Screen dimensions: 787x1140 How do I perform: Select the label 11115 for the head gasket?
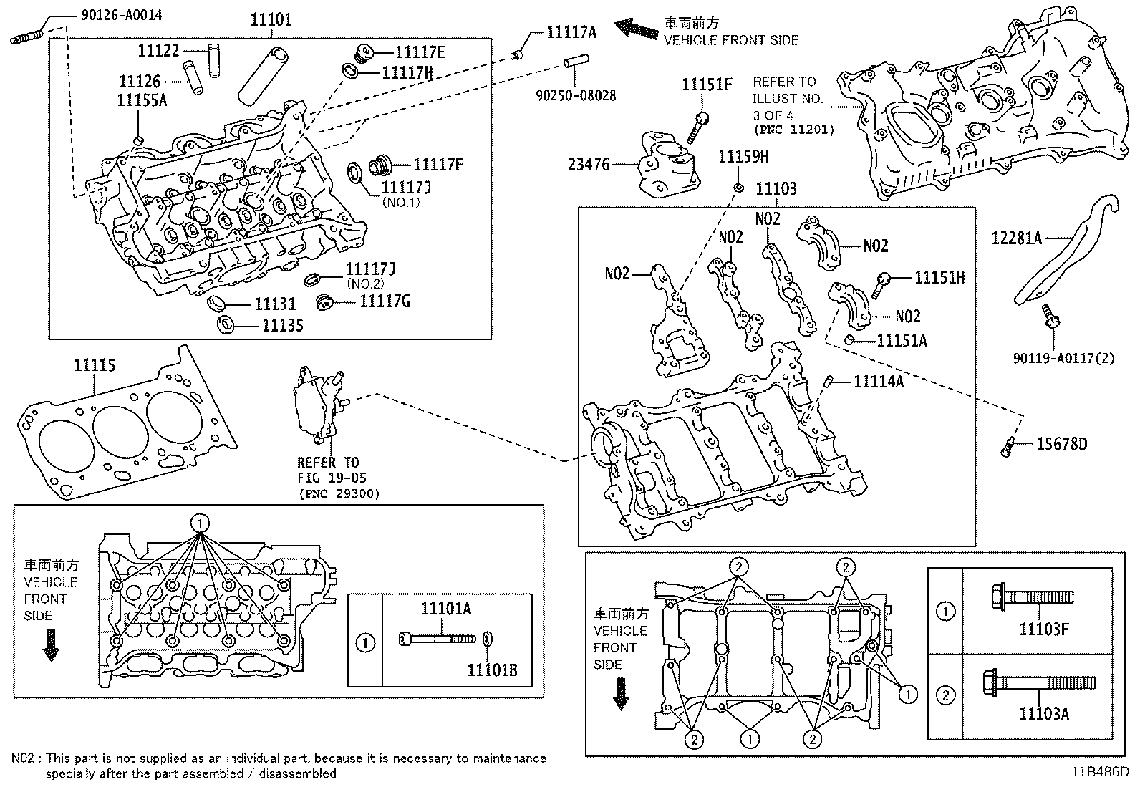[95, 366]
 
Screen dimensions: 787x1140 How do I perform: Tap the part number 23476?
[589, 165]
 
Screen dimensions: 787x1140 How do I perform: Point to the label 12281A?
[1016, 238]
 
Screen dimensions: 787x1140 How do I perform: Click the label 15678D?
[1061, 445]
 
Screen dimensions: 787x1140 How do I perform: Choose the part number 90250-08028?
[576, 95]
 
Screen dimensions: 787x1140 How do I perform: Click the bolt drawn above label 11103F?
[1030, 596]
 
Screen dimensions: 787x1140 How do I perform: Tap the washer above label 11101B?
[488, 638]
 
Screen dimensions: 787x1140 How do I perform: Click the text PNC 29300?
[339, 493]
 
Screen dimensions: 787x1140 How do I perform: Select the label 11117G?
[385, 301]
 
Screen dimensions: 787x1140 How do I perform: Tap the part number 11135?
[282, 326]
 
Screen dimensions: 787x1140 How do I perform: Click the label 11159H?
[743, 156]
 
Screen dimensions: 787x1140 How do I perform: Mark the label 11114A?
[878, 382]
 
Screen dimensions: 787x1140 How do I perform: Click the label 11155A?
[142, 100]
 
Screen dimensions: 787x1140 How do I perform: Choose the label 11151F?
[707, 85]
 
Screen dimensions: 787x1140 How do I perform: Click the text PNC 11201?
[793, 130]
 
